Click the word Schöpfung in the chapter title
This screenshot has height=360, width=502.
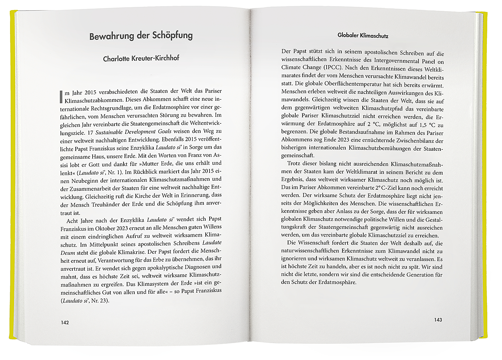click(x=172, y=36)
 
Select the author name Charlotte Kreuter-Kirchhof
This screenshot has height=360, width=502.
click(x=141, y=58)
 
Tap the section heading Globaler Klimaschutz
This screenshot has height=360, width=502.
click(x=363, y=36)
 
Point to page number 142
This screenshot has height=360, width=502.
click(x=64, y=323)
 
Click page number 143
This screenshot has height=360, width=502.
click(x=438, y=320)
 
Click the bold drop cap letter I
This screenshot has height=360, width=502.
click(x=61, y=96)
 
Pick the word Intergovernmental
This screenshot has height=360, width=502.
click(x=397, y=60)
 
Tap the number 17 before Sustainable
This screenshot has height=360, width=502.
click(x=91, y=132)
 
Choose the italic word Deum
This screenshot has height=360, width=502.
click(x=68, y=252)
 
